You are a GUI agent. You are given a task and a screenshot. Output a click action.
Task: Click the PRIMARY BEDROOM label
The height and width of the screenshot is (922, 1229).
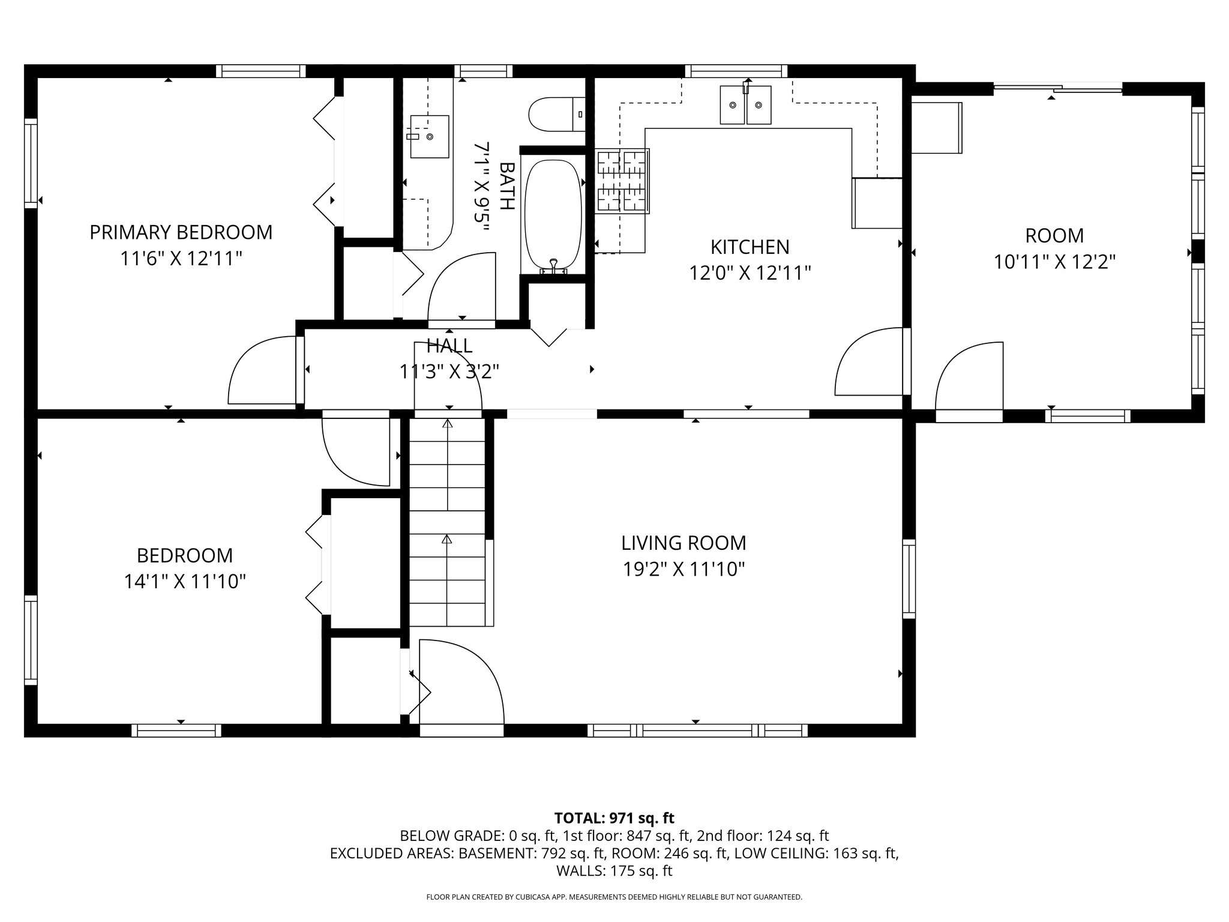181,232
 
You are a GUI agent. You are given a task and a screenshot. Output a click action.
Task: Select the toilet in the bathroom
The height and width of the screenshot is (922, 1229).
556,114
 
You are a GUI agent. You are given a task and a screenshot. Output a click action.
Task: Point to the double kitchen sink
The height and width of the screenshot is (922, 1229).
745,106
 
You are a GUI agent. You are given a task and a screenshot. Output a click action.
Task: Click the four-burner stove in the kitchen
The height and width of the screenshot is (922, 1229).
622,181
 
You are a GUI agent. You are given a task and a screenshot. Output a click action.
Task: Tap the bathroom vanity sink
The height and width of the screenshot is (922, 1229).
430,136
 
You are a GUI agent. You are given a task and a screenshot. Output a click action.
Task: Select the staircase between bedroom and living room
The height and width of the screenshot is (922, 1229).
448,522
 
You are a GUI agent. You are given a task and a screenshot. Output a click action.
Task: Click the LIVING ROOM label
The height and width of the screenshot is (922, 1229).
684,543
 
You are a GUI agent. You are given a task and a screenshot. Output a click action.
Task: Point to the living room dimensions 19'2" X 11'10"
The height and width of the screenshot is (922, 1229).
684,569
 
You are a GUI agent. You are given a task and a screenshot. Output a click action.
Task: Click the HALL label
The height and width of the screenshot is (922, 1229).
449,346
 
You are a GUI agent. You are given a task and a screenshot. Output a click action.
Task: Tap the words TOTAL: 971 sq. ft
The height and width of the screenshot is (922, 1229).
614,818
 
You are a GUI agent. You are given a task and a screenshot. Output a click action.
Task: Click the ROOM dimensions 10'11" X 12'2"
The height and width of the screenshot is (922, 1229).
1054,262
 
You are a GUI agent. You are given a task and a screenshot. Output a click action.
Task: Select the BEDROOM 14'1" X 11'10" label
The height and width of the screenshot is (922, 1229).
185,568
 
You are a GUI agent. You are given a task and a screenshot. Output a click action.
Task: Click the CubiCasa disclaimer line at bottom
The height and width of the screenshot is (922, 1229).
614,897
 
